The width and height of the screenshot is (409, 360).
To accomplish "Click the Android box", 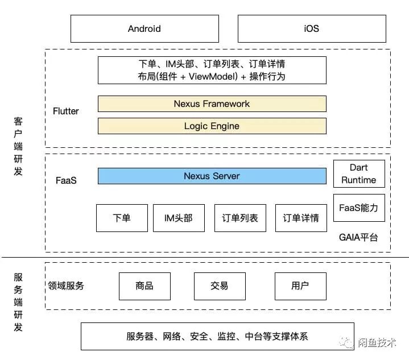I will [144, 28].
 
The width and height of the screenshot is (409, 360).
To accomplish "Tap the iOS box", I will [311, 28].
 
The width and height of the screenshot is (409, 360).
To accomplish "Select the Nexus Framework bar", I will [212, 104].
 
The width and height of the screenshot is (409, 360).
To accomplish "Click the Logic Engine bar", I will [212, 126].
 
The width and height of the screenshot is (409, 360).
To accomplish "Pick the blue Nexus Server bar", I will [212, 176].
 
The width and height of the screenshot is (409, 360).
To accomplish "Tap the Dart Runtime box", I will [358, 174].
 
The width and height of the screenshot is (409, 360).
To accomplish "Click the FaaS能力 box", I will [358, 208].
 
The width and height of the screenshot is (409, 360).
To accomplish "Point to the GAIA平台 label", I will [358, 237].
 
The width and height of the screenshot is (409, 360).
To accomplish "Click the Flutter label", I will [65, 111].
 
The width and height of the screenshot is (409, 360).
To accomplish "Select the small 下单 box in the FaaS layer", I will [122, 218].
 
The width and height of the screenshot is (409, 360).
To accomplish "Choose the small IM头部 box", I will [178, 218].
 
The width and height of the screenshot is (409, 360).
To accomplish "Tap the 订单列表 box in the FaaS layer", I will [239, 218].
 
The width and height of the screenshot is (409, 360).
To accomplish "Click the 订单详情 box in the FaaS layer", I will [301, 218].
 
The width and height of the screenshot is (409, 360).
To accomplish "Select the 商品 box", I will [144, 285].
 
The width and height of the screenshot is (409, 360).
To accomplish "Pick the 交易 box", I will [220, 285].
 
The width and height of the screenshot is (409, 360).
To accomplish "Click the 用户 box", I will [300, 285].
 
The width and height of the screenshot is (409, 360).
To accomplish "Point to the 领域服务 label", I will [66, 285].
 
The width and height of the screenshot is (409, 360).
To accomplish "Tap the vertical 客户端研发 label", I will [18, 146].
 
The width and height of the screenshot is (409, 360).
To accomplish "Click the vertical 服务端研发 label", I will [18, 302].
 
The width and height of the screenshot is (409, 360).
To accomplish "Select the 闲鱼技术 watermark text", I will [377, 342].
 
